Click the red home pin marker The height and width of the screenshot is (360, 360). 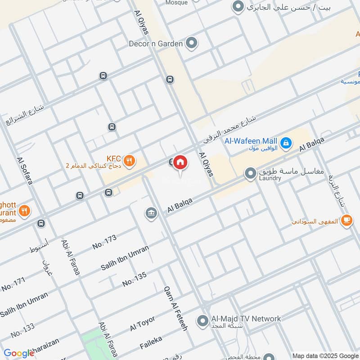pyautogui.click(x=180, y=162)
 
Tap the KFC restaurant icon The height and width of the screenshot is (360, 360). pyautogui.click(x=130, y=161)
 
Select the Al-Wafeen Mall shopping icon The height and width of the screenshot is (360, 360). pyautogui.click(x=285, y=144)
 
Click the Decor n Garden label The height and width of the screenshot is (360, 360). pyautogui.click(x=156, y=44)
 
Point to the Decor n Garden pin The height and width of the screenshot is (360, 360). pyautogui.click(x=192, y=43)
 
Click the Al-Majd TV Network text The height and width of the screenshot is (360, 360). pyautogui.click(x=246, y=319)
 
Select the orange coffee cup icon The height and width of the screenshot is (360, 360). pyautogui.click(x=346, y=220)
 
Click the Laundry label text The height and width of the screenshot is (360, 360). pyautogui.click(x=270, y=178)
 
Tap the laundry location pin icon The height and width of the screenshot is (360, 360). pyautogui.click(x=250, y=173)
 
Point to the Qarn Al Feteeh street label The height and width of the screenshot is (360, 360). pyautogui.click(x=175, y=308)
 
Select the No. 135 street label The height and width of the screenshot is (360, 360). pyautogui.click(x=135, y=279)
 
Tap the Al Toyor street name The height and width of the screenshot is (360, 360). pyautogui.click(x=143, y=323)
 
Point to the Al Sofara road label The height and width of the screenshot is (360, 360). pyautogui.click(x=25, y=171)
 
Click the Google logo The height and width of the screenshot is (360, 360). pyautogui.click(x=18, y=353)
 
